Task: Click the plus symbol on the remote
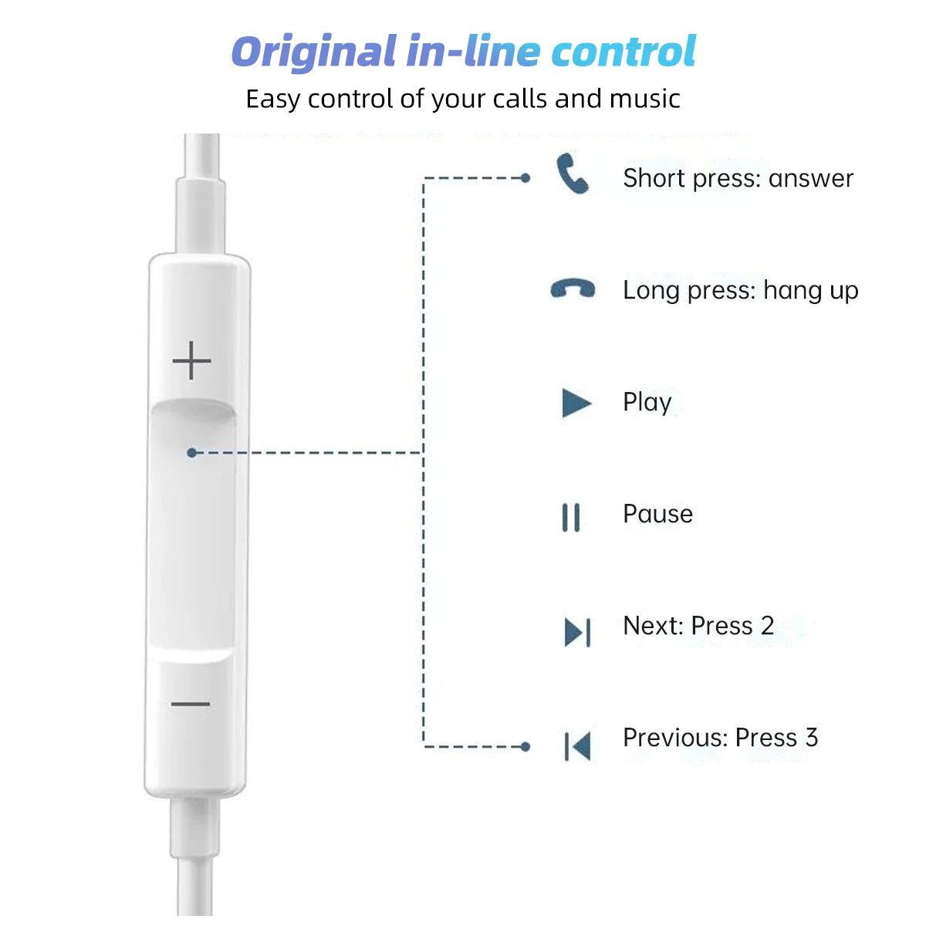(191, 361)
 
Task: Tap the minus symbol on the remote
(191, 704)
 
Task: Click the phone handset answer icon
(573, 174)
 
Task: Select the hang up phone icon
(573, 289)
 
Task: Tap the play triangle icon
(576, 403)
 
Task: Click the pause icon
(571, 517)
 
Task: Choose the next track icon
(577, 632)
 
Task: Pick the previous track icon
(577, 746)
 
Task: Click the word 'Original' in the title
(313, 52)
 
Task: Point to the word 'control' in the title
(624, 52)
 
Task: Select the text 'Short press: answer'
(738, 178)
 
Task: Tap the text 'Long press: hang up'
(740, 290)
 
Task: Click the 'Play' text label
(647, 402)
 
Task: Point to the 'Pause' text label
(657, 514)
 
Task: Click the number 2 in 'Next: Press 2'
(767, 626)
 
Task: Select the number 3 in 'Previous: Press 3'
(811, 738)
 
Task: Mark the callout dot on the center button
(192, 452)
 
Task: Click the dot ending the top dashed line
(526, 178)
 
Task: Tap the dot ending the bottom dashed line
(526, 746)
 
